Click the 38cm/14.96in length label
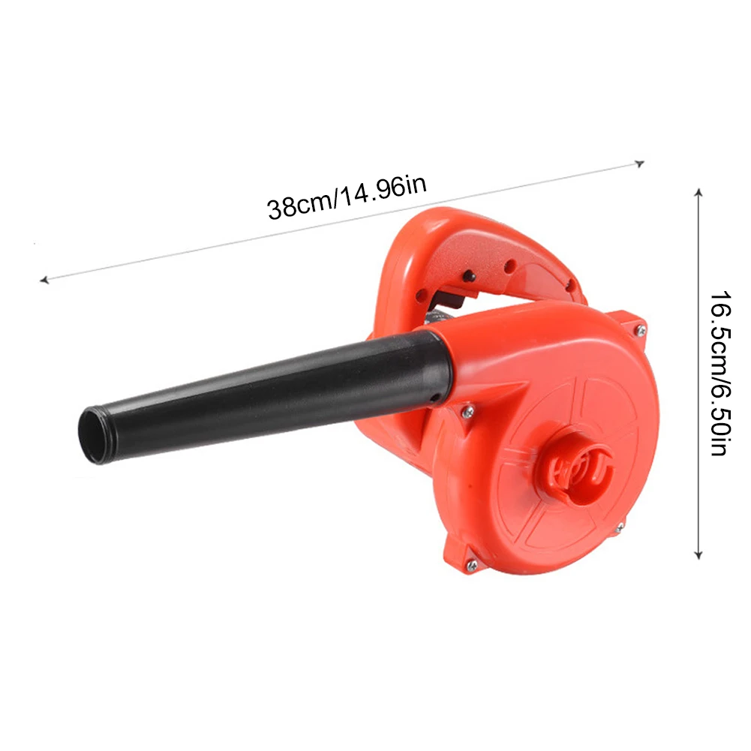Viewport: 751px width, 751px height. click(347, 197)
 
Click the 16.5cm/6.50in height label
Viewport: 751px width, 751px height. click(720, 373)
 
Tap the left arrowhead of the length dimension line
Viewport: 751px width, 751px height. click(44, 280)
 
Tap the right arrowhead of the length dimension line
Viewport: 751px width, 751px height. click(639, 164)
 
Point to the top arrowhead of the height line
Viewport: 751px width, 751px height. click(698, 193)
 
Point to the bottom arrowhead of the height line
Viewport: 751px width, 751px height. click(698, 555)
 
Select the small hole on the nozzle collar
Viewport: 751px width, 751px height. click(434, 398)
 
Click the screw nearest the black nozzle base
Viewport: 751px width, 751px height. click(467, 411)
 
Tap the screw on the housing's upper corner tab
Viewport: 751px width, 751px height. click(641, 330)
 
